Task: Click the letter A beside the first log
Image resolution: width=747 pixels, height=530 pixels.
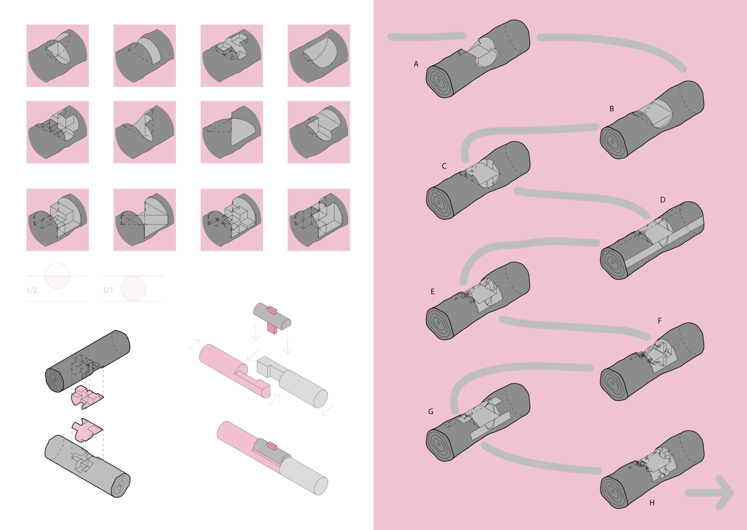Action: click(416, 64)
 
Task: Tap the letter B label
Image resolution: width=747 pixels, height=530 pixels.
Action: click(611, 109)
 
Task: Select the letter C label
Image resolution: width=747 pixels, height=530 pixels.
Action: click(444, 166)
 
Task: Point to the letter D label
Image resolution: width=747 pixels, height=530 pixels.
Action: click(662, 200)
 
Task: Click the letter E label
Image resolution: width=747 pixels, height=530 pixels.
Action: click(432, 292)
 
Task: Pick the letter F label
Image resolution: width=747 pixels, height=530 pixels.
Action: click(659, 321)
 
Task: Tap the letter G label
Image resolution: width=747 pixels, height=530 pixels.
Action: click(430, 412)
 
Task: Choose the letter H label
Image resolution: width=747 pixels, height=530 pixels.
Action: click(652, 503)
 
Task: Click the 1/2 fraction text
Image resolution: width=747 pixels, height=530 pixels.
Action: click(32, 290)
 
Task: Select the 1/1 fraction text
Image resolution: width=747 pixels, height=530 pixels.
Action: click(108, 290)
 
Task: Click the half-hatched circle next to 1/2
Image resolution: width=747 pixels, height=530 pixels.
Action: click(57, 276)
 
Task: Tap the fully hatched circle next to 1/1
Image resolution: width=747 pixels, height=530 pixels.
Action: click(133, 289)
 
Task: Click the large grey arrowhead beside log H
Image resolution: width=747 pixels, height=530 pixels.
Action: click(724, 493)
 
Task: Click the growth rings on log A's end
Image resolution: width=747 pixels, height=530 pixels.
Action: click(439, 81)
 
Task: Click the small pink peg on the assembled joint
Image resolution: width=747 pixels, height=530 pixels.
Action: click(272, 446)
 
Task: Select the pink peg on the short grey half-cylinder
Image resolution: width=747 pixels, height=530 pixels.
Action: click(272, 320)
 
